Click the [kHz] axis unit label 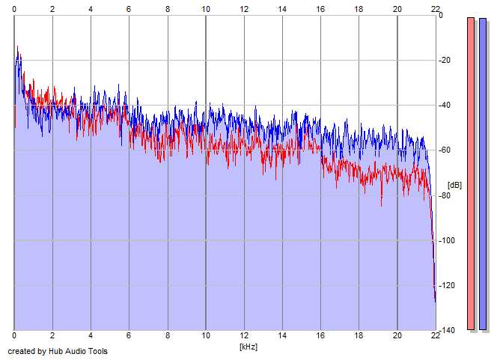pos(248,347)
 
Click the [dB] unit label pos(454,185)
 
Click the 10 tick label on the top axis pos(206,9)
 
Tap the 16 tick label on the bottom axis pos(320,338)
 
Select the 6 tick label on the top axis pos(129,9)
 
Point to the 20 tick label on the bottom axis pos(397,338)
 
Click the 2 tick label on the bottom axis pos(52,338)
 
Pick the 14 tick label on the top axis pos(282,9)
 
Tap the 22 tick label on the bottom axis pos(436,338)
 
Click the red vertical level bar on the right pos(471,173)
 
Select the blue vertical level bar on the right pos(483,173)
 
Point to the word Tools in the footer pos(97,351)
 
